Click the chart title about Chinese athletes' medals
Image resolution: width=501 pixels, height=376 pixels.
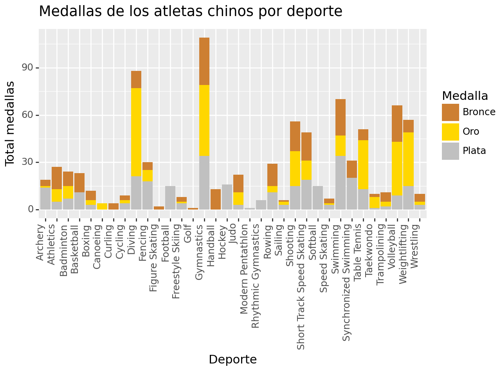tap(191, 11)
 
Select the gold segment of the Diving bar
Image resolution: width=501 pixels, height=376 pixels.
tap(136, 132)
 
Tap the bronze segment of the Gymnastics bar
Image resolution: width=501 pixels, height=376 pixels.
tap(204, 61)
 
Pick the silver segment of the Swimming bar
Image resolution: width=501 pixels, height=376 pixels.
tap(341, 183)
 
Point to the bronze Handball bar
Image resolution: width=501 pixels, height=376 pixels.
tap(216, 199)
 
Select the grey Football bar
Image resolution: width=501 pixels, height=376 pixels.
tap(170, 198)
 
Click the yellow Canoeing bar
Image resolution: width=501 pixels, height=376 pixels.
tap(102, 206)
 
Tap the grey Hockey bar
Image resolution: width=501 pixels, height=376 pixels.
tap(227, 197)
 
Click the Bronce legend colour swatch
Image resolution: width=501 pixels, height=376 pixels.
tap(450, 112)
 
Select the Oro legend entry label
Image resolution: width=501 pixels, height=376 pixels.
tap(471, 132)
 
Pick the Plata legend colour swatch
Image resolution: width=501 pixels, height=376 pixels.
tap(450, 151)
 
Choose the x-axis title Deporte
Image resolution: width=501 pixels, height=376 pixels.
tap(232, 359)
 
